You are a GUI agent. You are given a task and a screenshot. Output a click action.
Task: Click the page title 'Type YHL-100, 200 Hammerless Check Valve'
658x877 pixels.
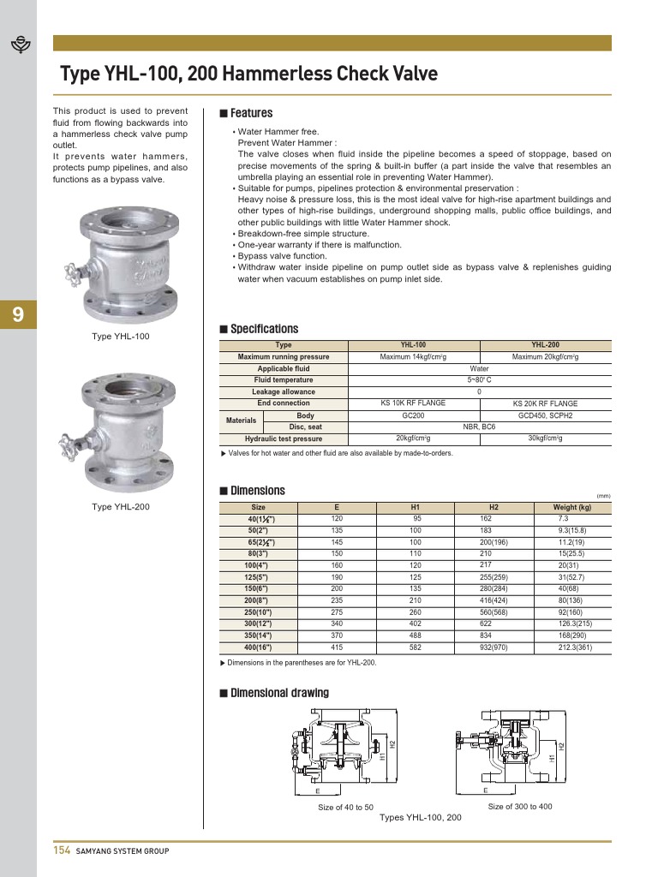pyautogui.click(x=248, y=75)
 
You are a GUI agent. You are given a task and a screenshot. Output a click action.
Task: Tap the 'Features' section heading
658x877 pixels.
pyautogui.click(x=251, y=113)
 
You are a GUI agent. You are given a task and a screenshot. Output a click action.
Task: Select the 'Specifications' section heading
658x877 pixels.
pyautogui.click(x=264, y=329)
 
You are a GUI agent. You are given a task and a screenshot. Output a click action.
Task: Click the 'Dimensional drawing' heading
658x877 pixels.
pyautogui.click(x=279, y=692)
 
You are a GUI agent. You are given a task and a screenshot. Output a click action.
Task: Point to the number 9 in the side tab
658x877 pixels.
pyautogui.click(x=18, y=315)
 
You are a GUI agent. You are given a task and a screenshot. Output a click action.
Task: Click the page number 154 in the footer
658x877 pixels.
pyautogui.click(x=61, y=850)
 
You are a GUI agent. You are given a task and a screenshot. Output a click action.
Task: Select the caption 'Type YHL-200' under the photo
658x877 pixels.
pyautogui.click(x=120, y=507)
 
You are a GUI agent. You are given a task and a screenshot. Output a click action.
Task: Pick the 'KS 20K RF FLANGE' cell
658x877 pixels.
pyautogui.click(x=545, y=403)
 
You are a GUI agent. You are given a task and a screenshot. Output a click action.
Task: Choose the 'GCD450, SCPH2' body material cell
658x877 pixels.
pyautogui.click(x=545, y=415)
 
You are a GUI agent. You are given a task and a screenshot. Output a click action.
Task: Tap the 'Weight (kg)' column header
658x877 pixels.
pyautogui.click(x=572, y=507)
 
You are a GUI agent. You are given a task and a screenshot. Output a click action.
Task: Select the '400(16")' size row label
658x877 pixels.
pyautogui.click(x=260, y=648)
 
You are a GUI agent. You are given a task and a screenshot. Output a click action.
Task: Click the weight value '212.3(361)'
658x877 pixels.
pyautogui.click(x=575, y=648)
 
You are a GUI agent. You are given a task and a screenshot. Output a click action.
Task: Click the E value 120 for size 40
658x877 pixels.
pyautogui.click(x=337, y=519)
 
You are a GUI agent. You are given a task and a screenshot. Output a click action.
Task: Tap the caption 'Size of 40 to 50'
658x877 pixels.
pyautogui.click(x=345, y=808)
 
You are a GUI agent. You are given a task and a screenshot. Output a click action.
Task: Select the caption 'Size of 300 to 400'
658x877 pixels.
pyautogui.click(x=520, y=807)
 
